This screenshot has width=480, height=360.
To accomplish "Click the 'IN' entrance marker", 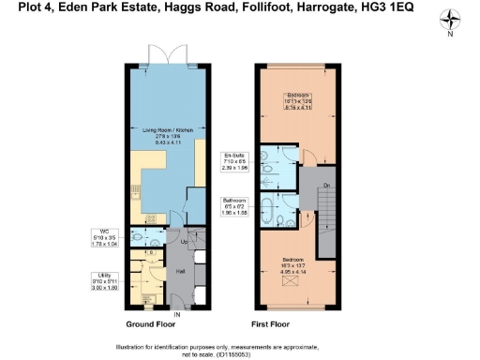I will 176,313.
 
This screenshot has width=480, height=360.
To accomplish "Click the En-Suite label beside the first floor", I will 234,161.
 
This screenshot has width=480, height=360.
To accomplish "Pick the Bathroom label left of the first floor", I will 234,205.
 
